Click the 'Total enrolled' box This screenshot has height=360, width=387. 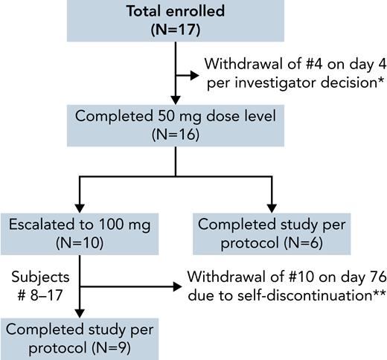(175, 21)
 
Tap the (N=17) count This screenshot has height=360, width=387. (176, 31)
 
